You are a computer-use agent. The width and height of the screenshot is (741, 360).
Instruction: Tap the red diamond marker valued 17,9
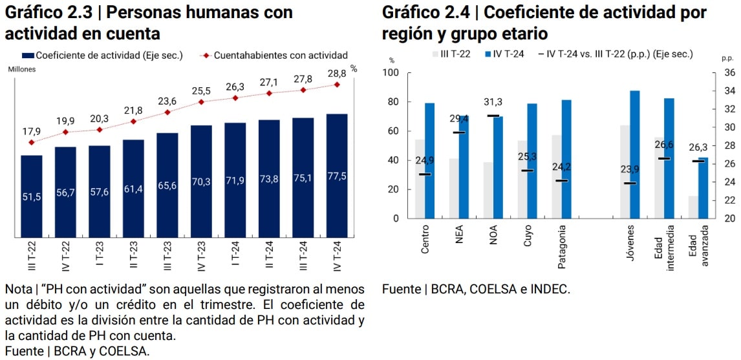click(x=32, y=142)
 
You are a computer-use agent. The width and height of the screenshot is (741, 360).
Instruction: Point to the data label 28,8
click(x=337, y=74)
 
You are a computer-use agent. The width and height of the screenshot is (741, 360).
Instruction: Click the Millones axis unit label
click(x=22, y=69)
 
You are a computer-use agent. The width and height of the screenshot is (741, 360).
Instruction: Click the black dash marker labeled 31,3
click(x=493, y=116)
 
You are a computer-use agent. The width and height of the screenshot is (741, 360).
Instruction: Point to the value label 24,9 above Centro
click(x=425, y=160)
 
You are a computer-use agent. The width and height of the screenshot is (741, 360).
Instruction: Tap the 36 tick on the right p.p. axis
click(x=729, y=73)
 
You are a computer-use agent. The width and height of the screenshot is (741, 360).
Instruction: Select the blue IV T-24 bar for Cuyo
click(x=532, y=161)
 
